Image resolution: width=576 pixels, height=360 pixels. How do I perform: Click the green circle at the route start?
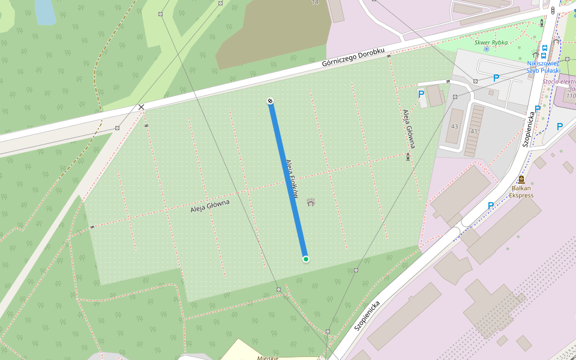pyautogui.click(x=306, y=259)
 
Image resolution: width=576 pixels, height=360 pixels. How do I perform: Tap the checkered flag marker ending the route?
pyautogui.click(x=271, y=101)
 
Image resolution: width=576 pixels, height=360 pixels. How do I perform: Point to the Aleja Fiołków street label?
pyautogui.click(x=293, y=175)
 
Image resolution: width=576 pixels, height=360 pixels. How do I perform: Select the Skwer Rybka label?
pyautogui.click(x=491, y=43)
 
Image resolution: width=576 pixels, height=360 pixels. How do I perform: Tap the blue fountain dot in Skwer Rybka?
pyautogui.click(x=486, y=49)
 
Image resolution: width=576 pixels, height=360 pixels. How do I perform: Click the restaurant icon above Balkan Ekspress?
pyautogui.click(x=521, y=179)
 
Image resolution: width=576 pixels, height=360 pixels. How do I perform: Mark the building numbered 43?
pyautogui.click(x=454, y=126)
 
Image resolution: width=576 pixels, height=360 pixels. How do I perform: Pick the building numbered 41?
pyautogui.click(x=474, y=130)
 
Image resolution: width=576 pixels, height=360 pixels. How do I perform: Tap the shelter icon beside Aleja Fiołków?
pyautogui.click(x=311, y=202)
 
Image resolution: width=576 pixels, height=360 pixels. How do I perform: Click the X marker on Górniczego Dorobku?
pyautogui.click(x=142, y=107)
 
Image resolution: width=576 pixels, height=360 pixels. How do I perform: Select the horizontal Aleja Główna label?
pyautogui.click(x=210, y=206)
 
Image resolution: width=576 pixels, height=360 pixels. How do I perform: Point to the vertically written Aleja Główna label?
pyautogui.click(x=410, y=128)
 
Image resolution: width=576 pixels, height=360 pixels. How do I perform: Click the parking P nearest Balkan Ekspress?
pyautogui.click(x=491, y=206)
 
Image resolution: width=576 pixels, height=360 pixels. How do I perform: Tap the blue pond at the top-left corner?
pyautogui.click(x=45, y=11)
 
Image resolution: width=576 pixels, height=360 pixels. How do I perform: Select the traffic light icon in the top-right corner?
pyautogui.click(x=553, y=10)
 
